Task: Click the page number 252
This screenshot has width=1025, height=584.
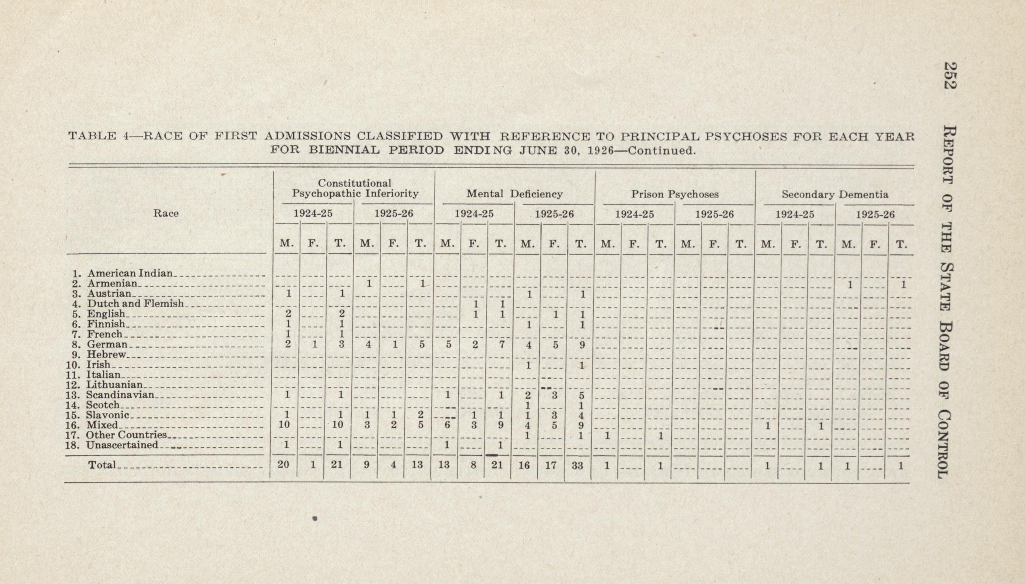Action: pyautogui.click(x=950, y=76)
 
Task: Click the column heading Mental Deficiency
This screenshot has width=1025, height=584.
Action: pyautogui.click(x=515, y=194)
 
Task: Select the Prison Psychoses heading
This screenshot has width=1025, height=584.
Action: pyautogui.click(x=675, y=194)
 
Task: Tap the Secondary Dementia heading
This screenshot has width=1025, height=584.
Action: pyautogui.click(x=835, y=195)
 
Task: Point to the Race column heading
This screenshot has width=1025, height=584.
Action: pyautogui.click(x=166, y=213)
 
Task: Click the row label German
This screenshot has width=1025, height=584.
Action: pyautogui.click(x=107, y=344)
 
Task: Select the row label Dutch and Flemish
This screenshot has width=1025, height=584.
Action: pyautogui.click(x=135, y=304)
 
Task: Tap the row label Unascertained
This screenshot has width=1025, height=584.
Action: pyautogui.click(x=122, y=445)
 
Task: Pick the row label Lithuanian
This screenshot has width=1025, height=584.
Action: pyautogui.click(x=115, y=385)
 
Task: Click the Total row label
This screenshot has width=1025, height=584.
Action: pyautogui.click(x=102, y=465)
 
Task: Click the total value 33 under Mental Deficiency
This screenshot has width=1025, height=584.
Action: pyautogui.click(x=577, y=466)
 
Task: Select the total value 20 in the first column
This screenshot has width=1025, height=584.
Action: pyautogui.click(x=283, y=465)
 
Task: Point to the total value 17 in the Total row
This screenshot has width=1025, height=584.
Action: pyautogui.click(x=551, y=466)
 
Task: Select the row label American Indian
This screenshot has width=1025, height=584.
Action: pyautogui.click(x=130, y=273)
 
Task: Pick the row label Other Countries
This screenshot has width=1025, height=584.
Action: pyautogui.click(x=126, y=435)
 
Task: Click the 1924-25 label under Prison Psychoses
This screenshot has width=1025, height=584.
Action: pyautogui.click(x=634, y=215)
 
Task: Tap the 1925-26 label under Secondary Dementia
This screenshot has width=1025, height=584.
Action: pyautogui.click(x=875, y=215)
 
